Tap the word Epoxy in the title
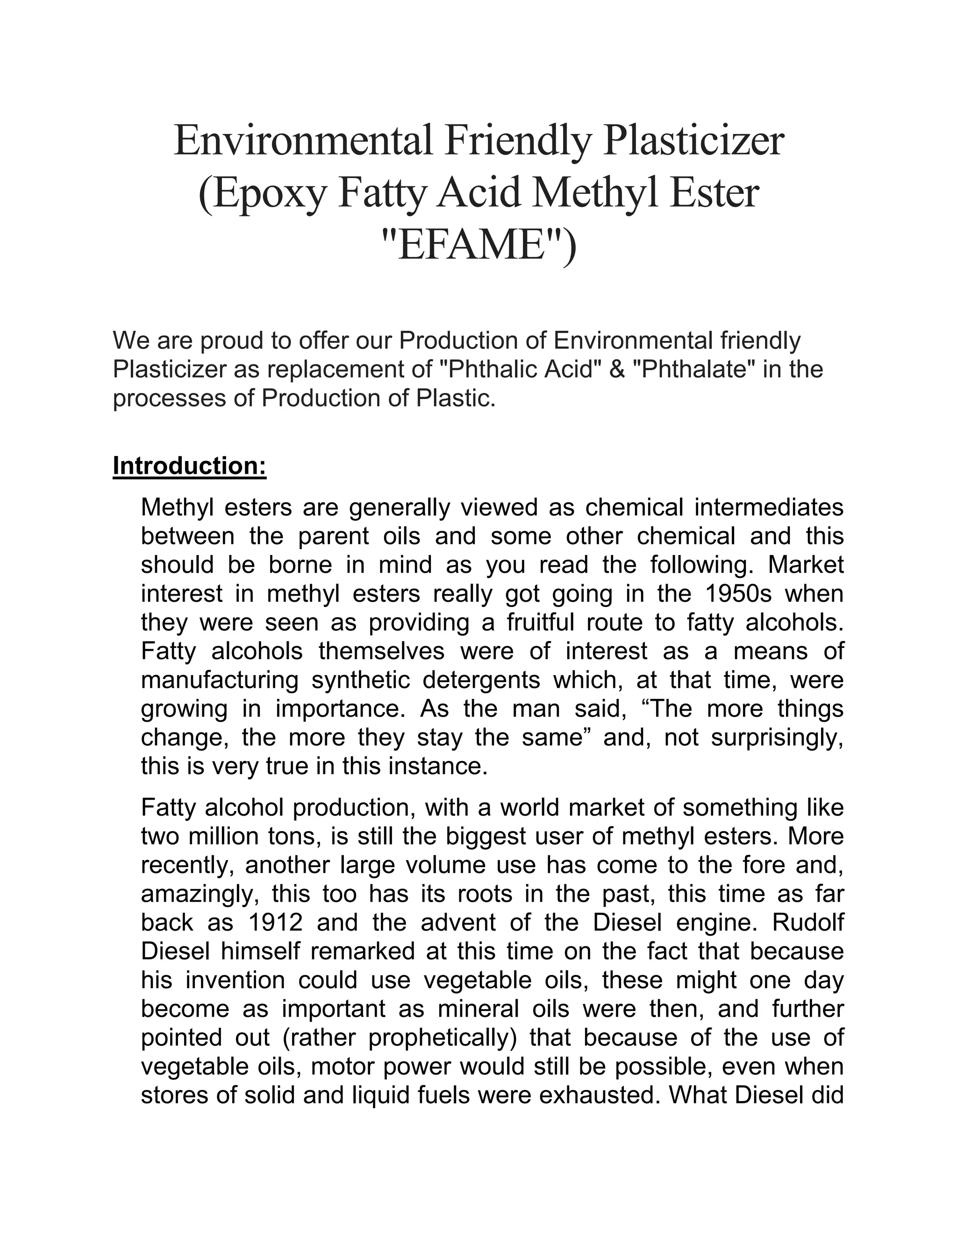click(x=263, y=193)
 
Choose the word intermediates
click(x=769, y=507)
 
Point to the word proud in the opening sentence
click(x=234, y=341)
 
